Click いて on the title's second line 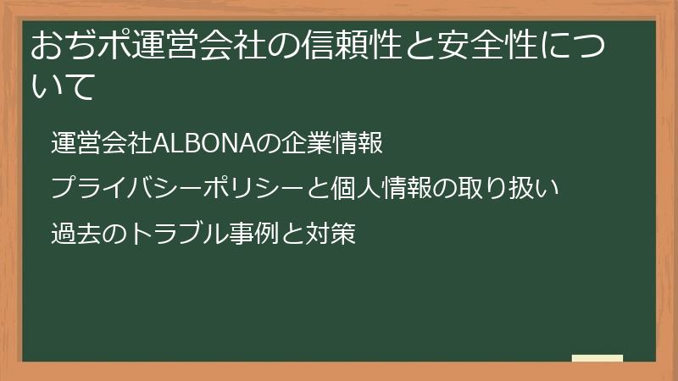62,87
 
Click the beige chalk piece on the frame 597,359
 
